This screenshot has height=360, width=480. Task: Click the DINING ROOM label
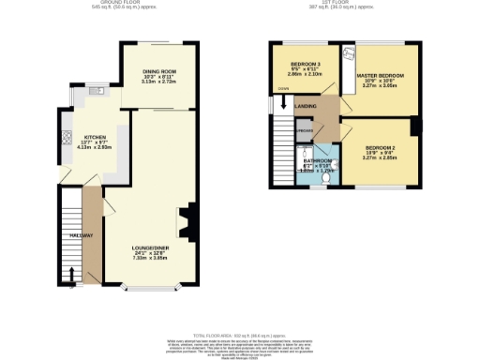pos(159,71)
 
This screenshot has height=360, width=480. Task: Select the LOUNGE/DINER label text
pos(149,247)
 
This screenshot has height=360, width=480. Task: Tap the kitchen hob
pos(66,141)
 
